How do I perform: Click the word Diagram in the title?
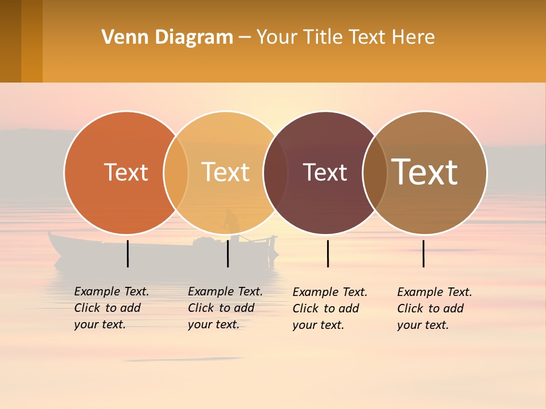pos(193,37)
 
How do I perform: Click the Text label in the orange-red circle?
pos(126,172)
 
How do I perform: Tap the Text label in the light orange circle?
pos(225,172)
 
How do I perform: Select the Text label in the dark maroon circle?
pos(325,172)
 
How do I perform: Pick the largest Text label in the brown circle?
pos(424,172)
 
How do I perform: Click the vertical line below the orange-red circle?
pos(128,253)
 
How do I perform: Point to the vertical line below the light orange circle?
pos(227,253)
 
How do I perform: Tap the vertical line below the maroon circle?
pos(328,253)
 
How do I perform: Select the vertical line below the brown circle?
pos(423,253)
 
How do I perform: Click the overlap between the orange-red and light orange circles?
pos(176,172)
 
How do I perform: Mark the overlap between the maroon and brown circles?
pos(375,172)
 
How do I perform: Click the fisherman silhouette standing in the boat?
pos(230,222)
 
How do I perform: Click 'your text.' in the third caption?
pos(318,325)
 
